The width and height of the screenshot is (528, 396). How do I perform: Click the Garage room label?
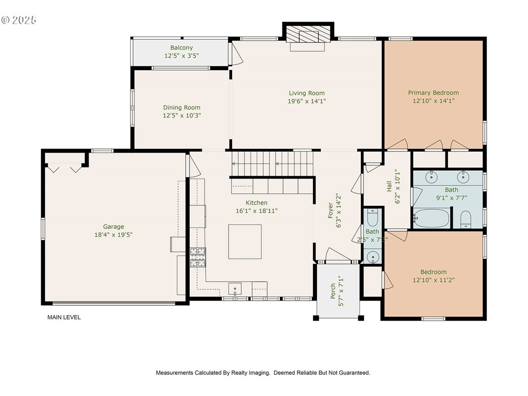click(x=113, y=227)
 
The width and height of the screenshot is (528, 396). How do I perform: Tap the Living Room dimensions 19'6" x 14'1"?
click(x=307, y=101)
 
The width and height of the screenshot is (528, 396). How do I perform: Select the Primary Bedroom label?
click(x=433, y=93)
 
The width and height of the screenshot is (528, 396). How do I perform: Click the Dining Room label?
click(x=181, y=107)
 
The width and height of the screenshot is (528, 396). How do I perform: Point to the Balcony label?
click(x=181, y=48)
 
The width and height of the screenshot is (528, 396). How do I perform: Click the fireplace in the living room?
click(x=308, y=35)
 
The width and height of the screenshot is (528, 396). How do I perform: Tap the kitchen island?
click(x=245, y=242)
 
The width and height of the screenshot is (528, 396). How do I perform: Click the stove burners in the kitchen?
click(x=197, y=258)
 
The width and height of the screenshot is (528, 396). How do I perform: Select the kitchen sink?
click(x=235, y=289)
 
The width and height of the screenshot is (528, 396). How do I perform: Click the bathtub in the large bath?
click(x=432, y=218)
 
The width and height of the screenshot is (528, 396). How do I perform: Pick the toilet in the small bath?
click(x=372, y=218)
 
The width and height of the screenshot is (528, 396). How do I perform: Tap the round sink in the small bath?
click(x=372, y=257)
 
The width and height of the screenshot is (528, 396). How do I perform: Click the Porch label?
click(x=333, y=291)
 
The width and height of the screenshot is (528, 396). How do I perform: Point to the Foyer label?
click(x=331, y=210)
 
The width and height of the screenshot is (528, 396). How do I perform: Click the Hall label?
click(x=389, y=186)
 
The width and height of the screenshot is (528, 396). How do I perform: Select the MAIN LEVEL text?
click(x=64, y=317)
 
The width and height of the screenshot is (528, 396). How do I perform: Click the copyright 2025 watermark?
click(x=19, y=20)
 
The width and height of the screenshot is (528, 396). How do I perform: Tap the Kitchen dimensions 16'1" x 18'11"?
click(x=257, y=211)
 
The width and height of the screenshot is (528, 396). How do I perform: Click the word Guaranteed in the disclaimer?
click(x=355, y=373)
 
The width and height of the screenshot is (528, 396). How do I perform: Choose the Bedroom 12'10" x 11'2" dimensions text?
click(x=433, y=280)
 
